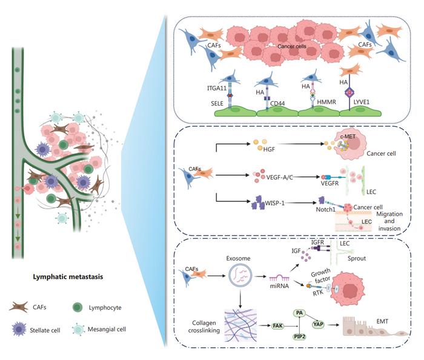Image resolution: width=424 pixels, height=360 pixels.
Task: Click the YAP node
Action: coord(317,325)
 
